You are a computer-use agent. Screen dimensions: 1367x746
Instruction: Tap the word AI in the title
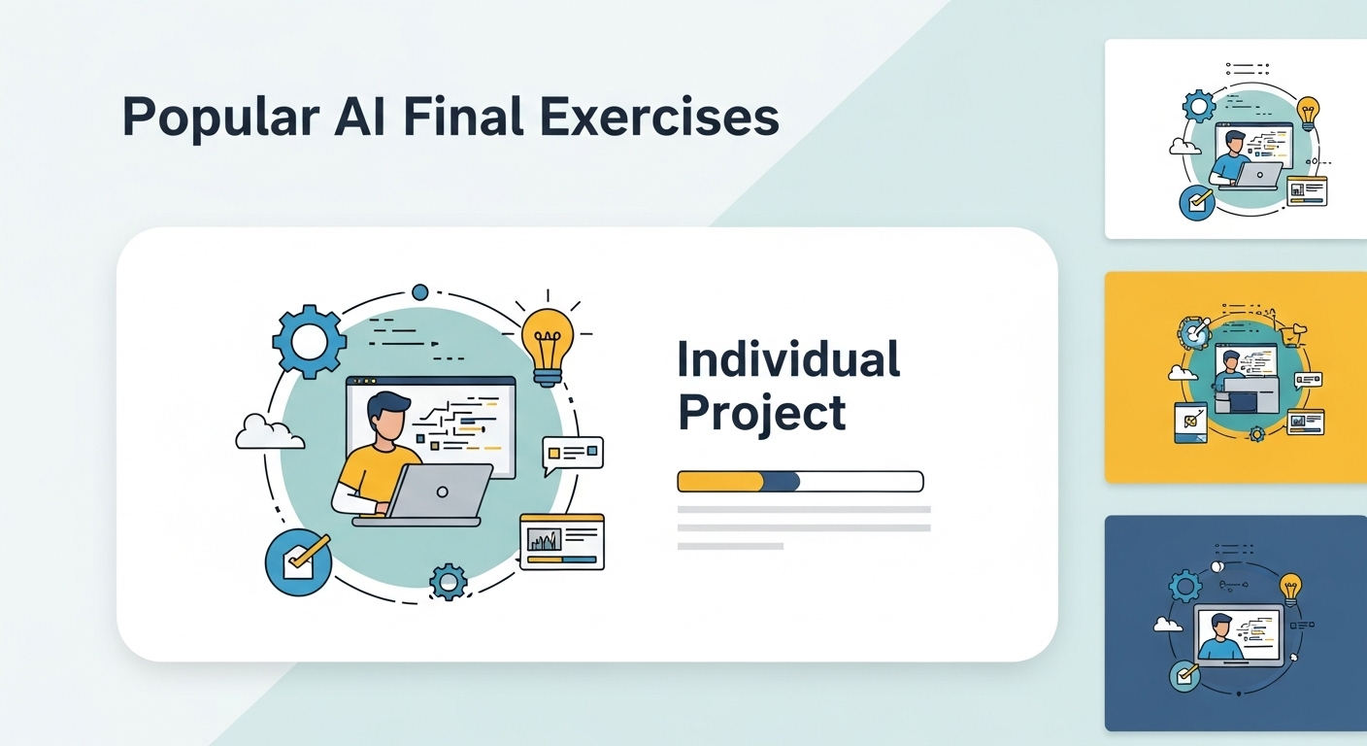[360, 116]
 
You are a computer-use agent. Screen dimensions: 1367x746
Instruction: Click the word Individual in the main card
[788, 359]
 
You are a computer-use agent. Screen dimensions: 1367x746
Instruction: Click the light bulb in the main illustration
[548, 347]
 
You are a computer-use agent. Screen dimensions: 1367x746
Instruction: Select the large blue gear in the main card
[309, 342]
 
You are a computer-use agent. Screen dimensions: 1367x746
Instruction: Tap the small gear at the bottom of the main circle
[449, 581]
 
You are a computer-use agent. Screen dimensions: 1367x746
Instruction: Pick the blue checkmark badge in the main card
[298, 562]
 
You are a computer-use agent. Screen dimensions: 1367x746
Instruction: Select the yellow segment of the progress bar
[720, 482]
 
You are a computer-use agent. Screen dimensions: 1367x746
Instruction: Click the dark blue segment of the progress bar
[782, 482]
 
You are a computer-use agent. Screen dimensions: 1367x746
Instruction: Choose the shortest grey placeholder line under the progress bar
[730, 546]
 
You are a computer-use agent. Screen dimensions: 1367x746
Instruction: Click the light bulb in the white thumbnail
[1308, 114]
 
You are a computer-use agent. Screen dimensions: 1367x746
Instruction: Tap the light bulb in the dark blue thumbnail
[1290, 590]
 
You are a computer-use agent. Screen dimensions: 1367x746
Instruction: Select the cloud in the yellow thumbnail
[1183, 372]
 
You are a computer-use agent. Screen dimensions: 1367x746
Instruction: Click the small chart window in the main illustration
[562, 542]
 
